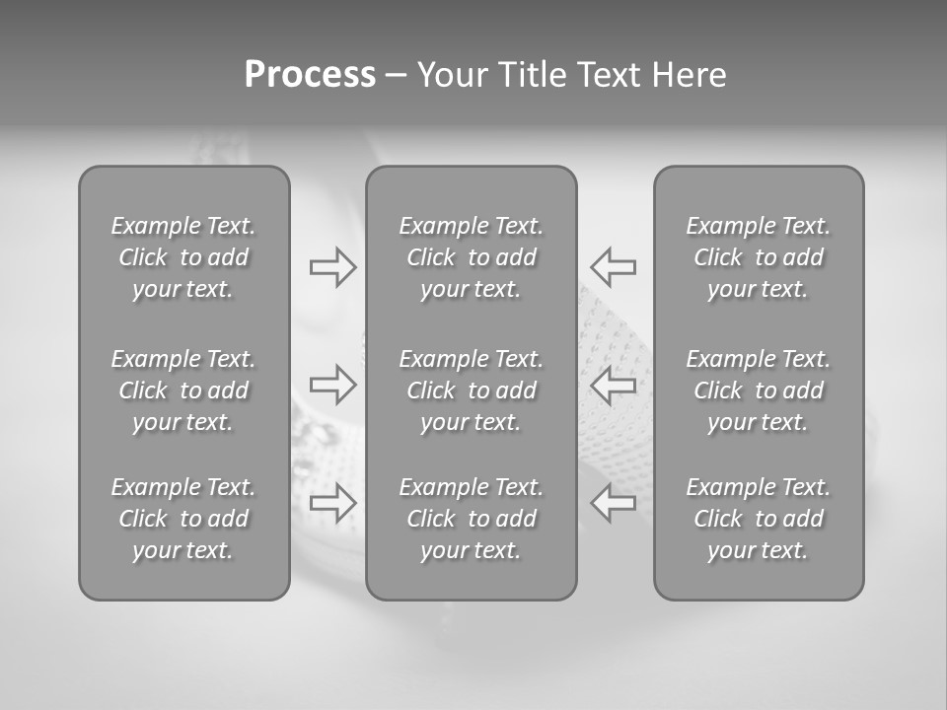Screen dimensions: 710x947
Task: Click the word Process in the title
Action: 310,75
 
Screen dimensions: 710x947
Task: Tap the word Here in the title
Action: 690,75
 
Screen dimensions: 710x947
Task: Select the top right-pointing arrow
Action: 333,267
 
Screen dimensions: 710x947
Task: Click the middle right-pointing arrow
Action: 333,385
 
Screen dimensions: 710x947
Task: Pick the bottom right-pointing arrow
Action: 333,503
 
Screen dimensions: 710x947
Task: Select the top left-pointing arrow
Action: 614,267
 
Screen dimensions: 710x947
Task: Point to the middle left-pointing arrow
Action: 614,385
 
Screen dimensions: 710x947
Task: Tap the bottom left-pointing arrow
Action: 614,503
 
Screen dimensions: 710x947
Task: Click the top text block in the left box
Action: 183,257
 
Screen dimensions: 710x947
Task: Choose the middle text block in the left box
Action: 183,390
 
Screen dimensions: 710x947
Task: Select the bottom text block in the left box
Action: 183,519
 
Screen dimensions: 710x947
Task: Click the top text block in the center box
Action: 472,257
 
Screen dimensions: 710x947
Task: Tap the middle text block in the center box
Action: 472,390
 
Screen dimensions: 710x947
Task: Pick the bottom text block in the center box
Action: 472,519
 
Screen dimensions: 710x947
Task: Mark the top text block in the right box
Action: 759,257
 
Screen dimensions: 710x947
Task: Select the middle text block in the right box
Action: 759,390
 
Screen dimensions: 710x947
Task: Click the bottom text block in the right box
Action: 759,519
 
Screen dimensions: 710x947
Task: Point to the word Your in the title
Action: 452,75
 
